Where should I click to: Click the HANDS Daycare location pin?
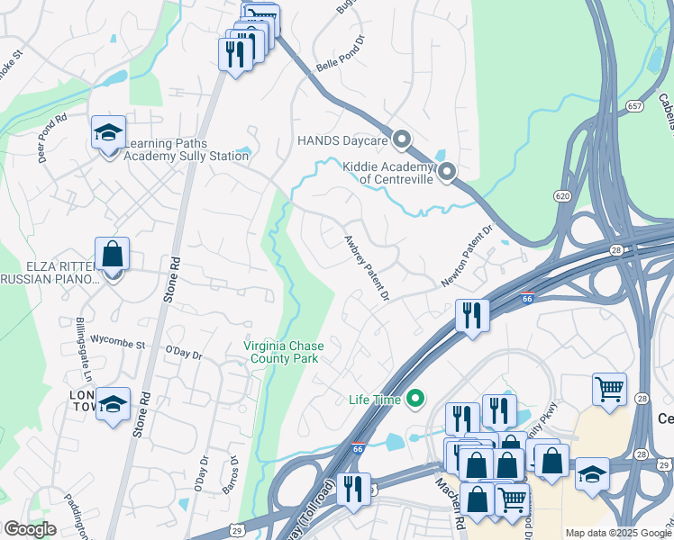(402, 139)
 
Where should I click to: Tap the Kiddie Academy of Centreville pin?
(446, 171)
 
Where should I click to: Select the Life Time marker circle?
(415, 397)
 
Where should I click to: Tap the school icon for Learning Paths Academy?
(108, 134)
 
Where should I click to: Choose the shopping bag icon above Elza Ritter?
(112, 255)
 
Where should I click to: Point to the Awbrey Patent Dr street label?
(366, 268)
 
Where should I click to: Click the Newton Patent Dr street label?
(469, 256)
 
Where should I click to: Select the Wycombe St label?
(118, 344)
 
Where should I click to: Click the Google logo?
(30, 529)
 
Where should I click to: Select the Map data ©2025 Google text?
(618, 533)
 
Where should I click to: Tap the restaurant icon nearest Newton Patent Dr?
(471, 315)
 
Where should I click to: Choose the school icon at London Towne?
(113, 405)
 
